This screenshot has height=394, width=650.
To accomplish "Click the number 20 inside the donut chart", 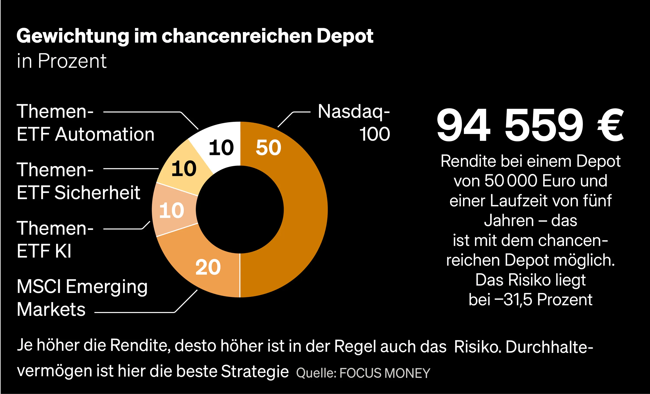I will pyautogui.click(x=208, y=268).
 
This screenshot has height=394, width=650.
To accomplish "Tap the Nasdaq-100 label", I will pyautogui.click(x=353, y=123).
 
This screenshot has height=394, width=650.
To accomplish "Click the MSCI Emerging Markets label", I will pyautogui.click(x=82, y=298).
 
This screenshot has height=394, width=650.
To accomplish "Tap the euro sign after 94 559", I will pyautogui.click(x=610, y=125).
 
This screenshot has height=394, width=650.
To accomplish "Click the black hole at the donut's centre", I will pyautogui.click(x=240, y=210).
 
